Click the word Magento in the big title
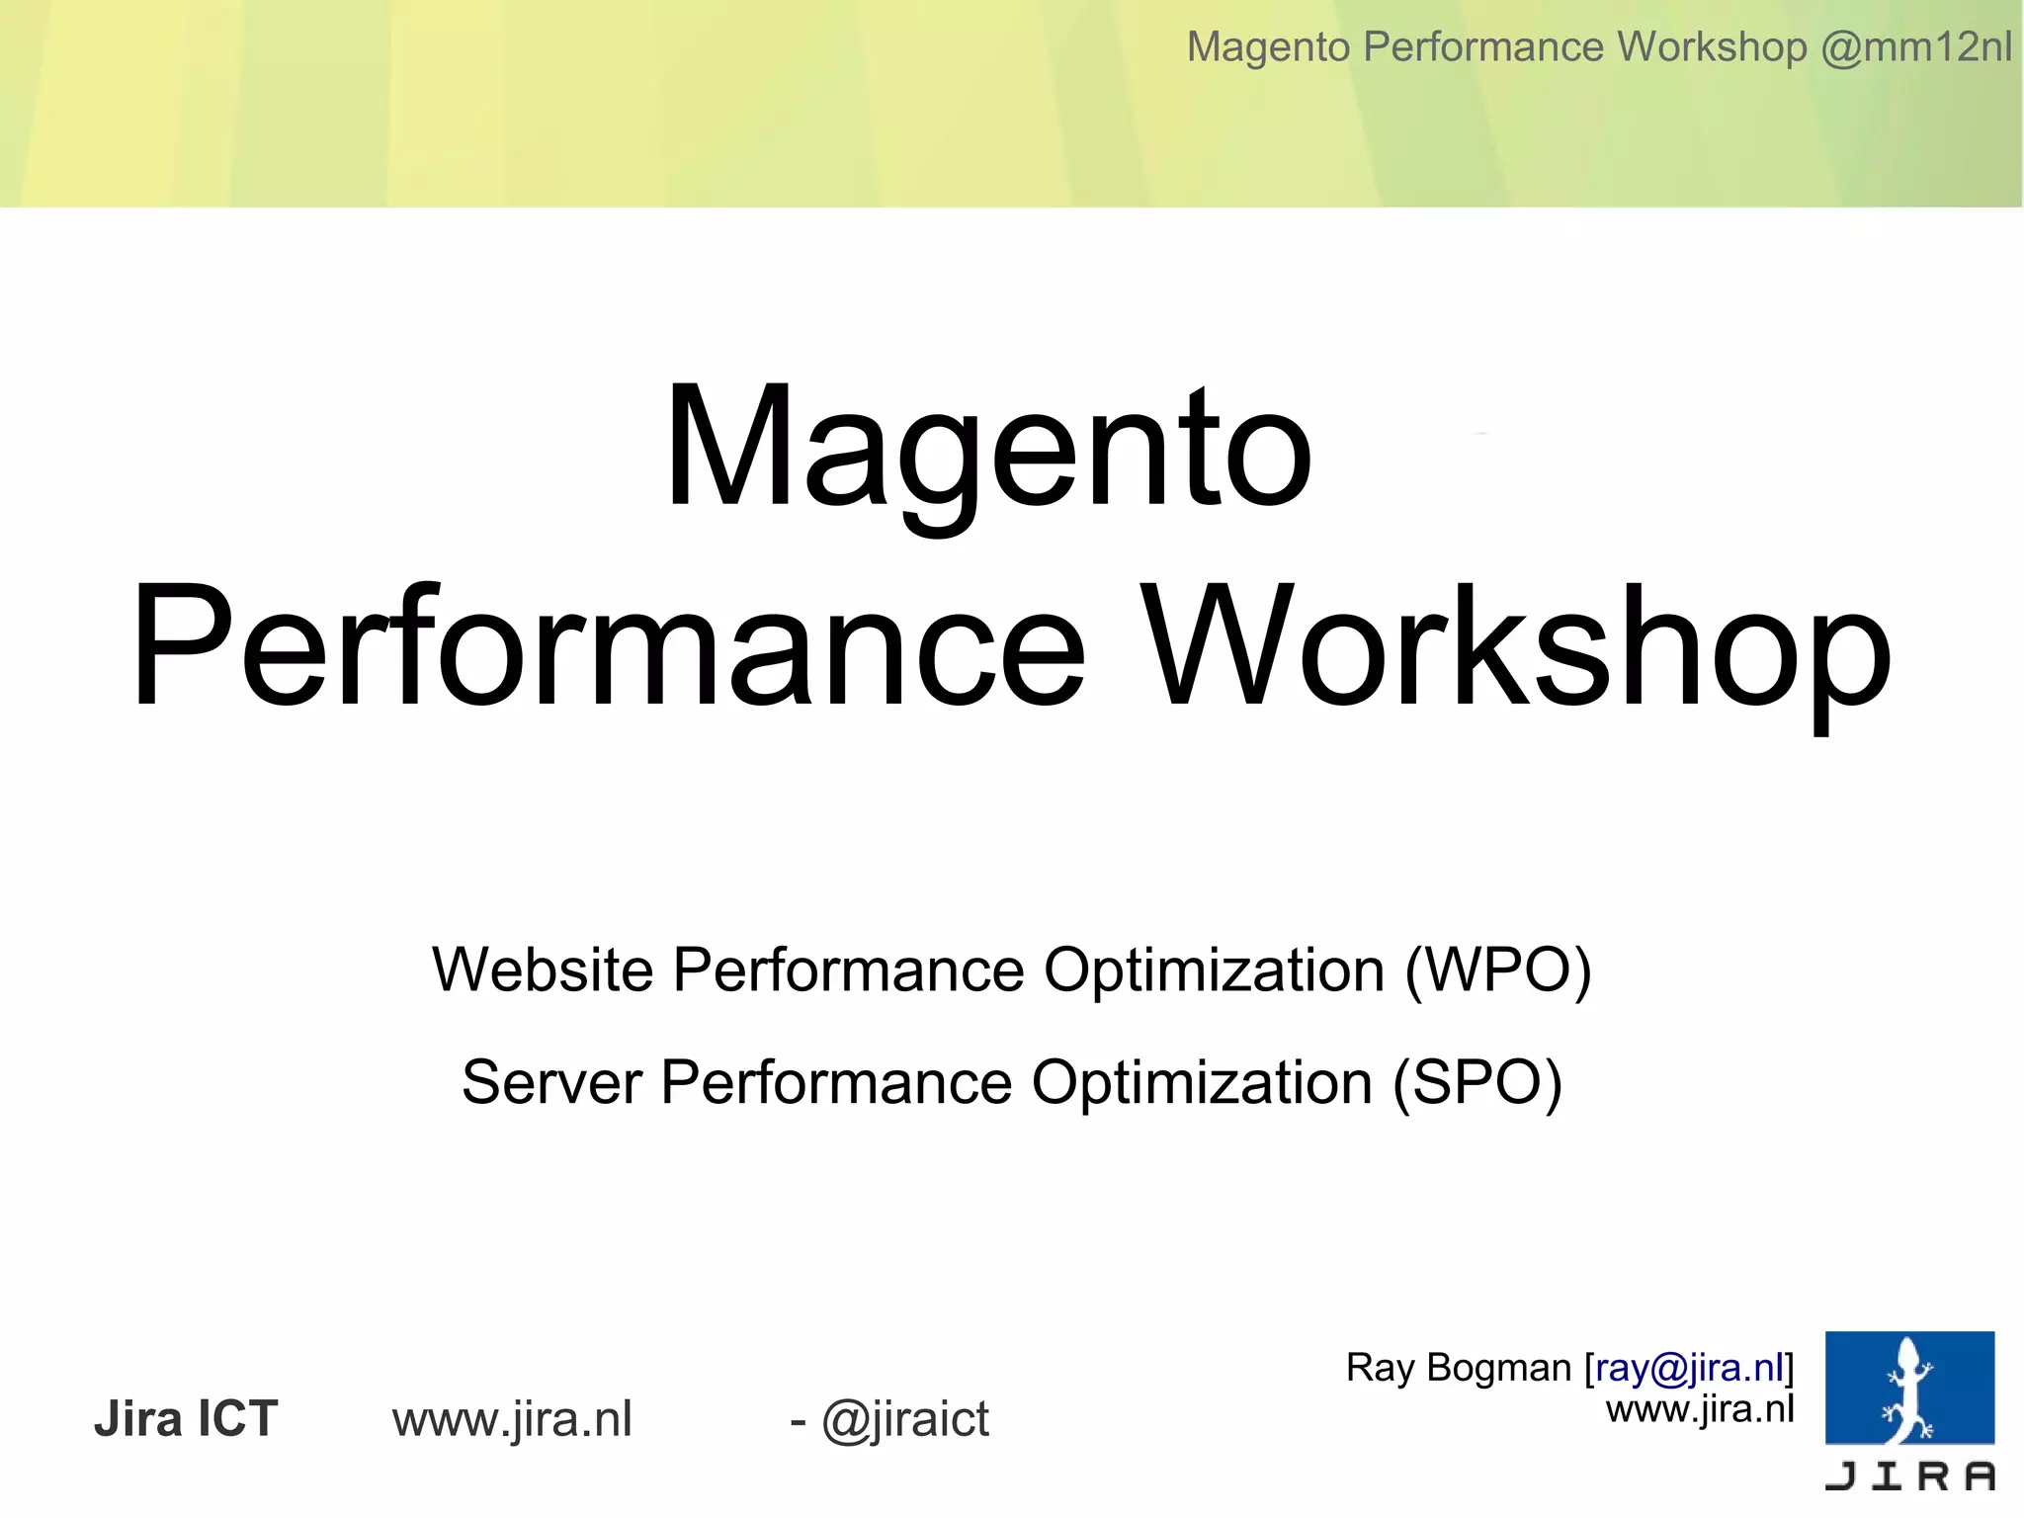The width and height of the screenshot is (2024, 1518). point(988,450)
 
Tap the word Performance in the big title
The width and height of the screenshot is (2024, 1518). point(608,647)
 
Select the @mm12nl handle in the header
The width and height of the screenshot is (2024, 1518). point(1915,46)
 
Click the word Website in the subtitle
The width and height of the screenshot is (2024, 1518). point(543,970)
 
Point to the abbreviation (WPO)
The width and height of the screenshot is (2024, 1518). point(1497,971)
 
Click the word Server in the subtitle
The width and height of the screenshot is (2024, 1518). point(551,1082)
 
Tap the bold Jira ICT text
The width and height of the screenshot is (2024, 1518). point(186,1419)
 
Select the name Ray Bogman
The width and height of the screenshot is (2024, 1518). point(1458,1368)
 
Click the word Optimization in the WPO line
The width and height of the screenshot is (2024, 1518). point(1214,970)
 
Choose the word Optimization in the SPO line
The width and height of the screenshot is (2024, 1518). point(1202,1082)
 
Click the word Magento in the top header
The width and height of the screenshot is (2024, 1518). point(1268,46)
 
